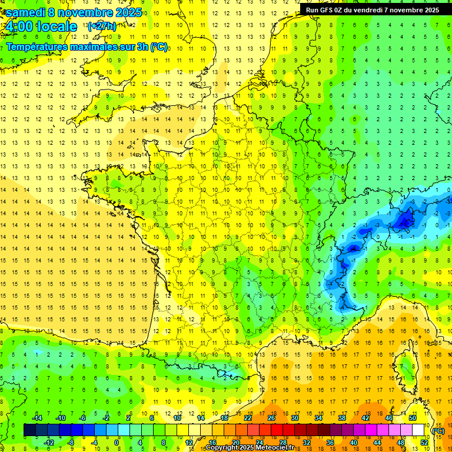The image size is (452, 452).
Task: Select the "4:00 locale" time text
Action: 40,26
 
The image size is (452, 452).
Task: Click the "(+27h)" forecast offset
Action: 101,26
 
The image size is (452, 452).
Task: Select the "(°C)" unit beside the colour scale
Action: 438,431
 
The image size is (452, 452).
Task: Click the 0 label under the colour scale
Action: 117,443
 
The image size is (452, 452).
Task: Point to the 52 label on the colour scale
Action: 424,443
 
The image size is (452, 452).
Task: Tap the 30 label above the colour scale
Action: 294,418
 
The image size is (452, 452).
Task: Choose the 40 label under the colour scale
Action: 353,443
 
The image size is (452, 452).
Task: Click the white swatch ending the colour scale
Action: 418,430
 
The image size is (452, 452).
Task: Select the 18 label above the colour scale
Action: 224,418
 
